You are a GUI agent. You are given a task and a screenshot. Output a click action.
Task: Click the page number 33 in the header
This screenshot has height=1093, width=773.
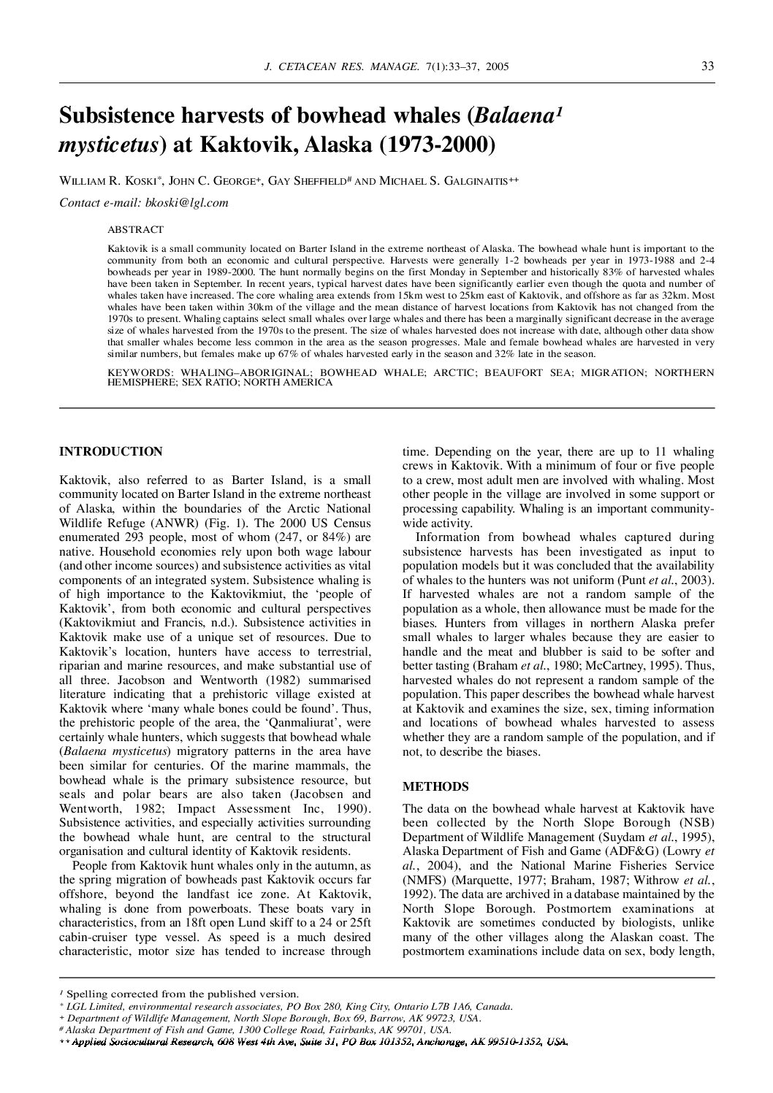click(707, 66)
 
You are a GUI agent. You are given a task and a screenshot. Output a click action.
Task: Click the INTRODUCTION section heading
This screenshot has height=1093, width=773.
click(110, 452)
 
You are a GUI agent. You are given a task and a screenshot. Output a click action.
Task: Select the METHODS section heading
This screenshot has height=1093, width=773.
click(435, 786)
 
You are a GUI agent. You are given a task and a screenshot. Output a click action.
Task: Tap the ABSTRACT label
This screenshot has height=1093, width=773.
click(135, 229)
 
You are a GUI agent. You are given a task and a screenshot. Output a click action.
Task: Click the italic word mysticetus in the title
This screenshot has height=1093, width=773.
click(109, 144)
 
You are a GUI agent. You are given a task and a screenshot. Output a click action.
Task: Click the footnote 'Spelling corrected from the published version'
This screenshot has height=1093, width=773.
click(182, 994)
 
